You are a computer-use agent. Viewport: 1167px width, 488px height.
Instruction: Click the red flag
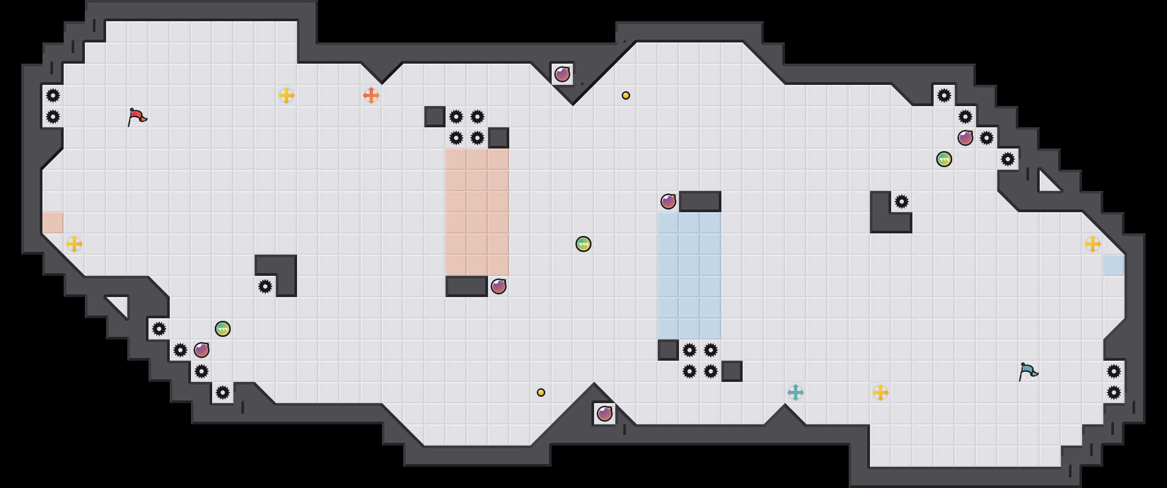point(136,117)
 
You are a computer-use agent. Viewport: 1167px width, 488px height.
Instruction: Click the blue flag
point(1027,371)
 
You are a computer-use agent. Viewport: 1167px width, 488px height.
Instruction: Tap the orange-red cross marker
point(371,95)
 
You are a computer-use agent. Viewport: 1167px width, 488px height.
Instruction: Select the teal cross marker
point(796,393)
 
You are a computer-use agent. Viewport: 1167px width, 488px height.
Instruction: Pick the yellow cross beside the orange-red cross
point(286,95)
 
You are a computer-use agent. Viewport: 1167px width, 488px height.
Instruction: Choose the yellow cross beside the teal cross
point(881,393)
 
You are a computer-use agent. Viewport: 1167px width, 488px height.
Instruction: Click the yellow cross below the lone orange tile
point(74,244)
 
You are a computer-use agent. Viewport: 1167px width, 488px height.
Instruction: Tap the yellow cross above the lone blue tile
point(1093,244)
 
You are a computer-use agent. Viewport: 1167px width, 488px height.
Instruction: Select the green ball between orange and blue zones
point(583,244)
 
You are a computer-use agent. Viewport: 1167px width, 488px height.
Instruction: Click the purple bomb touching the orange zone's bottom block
point(499,286)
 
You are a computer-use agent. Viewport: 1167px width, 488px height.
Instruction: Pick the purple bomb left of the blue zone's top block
point(668,202)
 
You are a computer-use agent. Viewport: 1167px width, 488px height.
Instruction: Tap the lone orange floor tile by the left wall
point(53,223)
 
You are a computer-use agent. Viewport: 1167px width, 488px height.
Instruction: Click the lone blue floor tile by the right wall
point(1114,265)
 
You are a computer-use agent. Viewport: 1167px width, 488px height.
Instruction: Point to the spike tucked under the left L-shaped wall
point(265,286)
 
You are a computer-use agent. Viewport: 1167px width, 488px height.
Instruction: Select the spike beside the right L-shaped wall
point(902,202)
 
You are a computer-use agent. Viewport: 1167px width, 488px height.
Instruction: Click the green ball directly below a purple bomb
point(944,159)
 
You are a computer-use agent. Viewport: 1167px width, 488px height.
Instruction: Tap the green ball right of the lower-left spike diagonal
point(223,329)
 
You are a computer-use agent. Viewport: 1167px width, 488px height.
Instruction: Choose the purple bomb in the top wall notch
point(562,74)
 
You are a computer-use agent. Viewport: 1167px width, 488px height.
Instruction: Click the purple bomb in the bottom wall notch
point(605,414)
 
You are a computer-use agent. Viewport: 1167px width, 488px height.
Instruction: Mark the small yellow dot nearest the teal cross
point(541,393)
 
